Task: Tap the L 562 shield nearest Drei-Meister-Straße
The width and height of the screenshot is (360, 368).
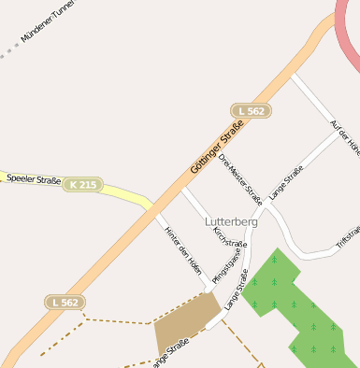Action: (251, 110)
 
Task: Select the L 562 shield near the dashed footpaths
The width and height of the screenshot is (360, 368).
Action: (65, 302)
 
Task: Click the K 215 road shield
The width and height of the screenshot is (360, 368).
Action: (82, 185)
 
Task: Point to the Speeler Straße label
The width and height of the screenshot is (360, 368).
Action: (34, 178)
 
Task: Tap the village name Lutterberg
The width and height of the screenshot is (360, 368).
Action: (231, 221)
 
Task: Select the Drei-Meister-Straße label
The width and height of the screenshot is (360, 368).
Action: (240, 177)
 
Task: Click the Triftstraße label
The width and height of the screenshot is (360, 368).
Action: (347, 238)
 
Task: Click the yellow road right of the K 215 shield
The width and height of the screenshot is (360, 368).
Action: (122, 192)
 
